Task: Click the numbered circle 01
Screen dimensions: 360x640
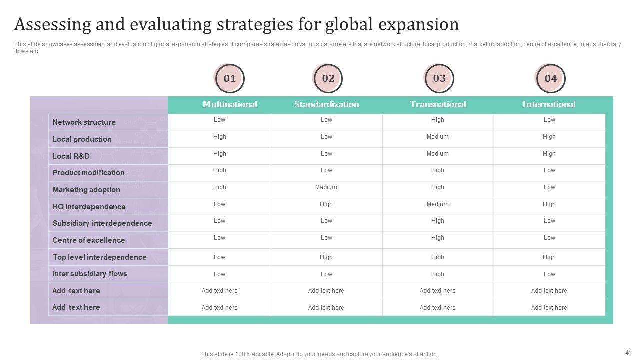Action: [x=229, y=78]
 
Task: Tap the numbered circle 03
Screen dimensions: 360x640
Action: [x=439, y=78]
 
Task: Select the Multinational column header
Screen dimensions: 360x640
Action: [x=230, y=104]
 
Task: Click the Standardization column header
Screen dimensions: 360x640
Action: [x=326, y=104]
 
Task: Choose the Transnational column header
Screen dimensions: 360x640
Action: [x=438, y=104]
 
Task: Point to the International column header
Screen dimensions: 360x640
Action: [x=549, y=104]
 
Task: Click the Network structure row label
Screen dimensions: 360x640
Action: [x=84, y=122]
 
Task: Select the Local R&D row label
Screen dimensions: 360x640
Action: [x=71, y=156]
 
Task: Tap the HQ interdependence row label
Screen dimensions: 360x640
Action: [x=89, y=207]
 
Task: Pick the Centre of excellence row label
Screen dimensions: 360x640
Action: [x=89, y=240]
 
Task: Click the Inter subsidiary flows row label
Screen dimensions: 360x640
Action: [x=90, y=274]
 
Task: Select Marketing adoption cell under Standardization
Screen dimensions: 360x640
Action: [x=326, y=187]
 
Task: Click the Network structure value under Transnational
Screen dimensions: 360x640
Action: [x=438, y=120]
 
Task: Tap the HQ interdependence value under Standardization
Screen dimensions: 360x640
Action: [x=326, y=204]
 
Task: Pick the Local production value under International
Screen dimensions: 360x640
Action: [x=549, y=137]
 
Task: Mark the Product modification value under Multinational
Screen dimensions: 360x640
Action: [x=220, y=170]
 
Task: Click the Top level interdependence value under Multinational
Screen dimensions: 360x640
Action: [x=220, y=257]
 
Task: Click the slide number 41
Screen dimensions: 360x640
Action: [x=629, y=352]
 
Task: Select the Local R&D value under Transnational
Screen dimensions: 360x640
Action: [x=438, y=154]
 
